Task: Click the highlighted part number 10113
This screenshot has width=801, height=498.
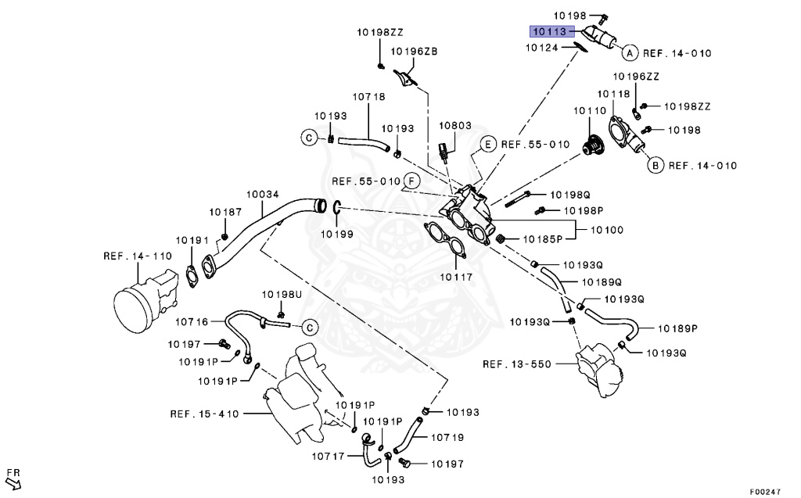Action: point(551,32)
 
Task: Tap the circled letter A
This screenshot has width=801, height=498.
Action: point(627,53)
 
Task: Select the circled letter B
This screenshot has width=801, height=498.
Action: point(654,165)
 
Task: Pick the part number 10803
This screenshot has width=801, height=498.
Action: point(454,125)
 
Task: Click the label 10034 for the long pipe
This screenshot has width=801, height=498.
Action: point(264,195)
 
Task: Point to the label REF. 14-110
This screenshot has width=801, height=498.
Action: point(138,255)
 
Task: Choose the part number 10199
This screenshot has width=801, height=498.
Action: point(336,233)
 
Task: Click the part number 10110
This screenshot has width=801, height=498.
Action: point(591,111)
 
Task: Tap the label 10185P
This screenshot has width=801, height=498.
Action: point(543,238)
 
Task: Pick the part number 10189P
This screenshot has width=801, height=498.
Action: point(677,328)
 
